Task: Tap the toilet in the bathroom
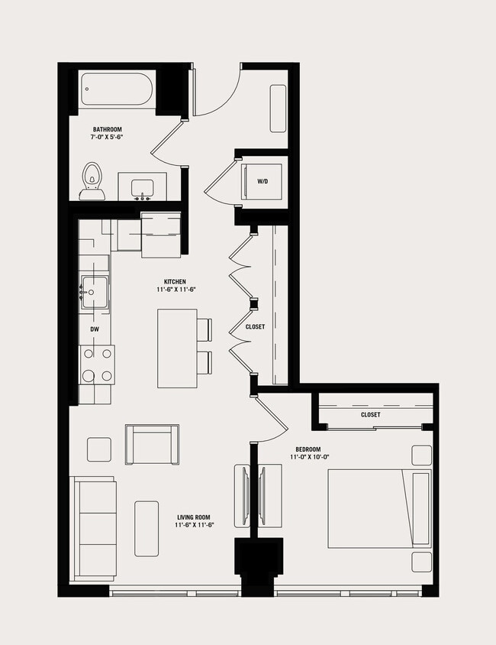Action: click(x=92, y=180)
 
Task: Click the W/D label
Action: click(x=262, y=182)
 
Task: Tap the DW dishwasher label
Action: click(x=95, y=330)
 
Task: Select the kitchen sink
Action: click(x=95, y=292)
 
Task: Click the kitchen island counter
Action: click(x=177, y=348)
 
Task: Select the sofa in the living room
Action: click(x=93, y=528)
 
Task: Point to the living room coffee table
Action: click(x=147, y=528)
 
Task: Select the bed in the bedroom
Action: click(x=378, y=508)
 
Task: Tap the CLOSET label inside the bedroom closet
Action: click(x=371, y=415)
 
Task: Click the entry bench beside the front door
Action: click(x=278, y=108)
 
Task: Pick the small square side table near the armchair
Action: click(x=99, y=449)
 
